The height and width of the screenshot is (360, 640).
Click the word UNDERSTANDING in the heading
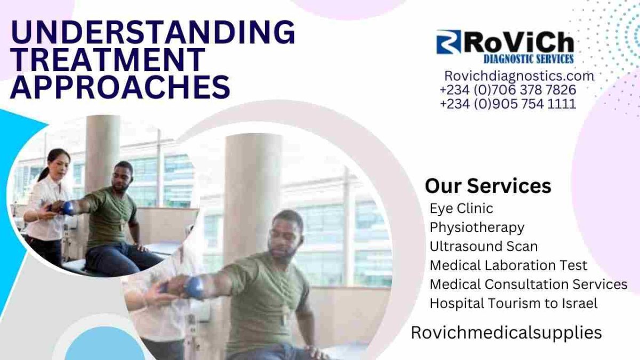pyautogui.click(x=153, y=32)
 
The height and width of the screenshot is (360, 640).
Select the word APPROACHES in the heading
pyautogui.click(x=121, y=86)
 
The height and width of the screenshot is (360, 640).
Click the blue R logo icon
pyautogui.click(x=449, y=42)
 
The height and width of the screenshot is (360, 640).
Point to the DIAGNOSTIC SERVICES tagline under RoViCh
pyautogui.click(x=529, y=59)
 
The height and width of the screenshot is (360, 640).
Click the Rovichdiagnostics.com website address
pyautogui.click(x=519, y=76)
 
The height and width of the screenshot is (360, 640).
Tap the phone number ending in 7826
pyautogui.click(x=508, y=90)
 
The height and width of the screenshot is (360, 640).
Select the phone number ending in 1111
pyautogui.click(x=508, y=103)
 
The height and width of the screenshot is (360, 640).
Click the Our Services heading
pyautogui.click(x=488, y=186)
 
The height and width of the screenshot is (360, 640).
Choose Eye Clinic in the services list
pyautogui.click(x=461, y=209)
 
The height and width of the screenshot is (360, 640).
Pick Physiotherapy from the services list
pyautogui.click(x=477, y=228)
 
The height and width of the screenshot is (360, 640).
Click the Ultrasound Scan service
pyautogui.click(x=484, y=246)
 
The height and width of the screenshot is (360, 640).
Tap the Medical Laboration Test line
pyautogui.click(x=508, y=265)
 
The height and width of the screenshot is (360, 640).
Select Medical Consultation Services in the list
pyautogui.click(x=529, y=284)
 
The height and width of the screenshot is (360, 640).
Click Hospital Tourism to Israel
pyautogui.click(x=514, y=303)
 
